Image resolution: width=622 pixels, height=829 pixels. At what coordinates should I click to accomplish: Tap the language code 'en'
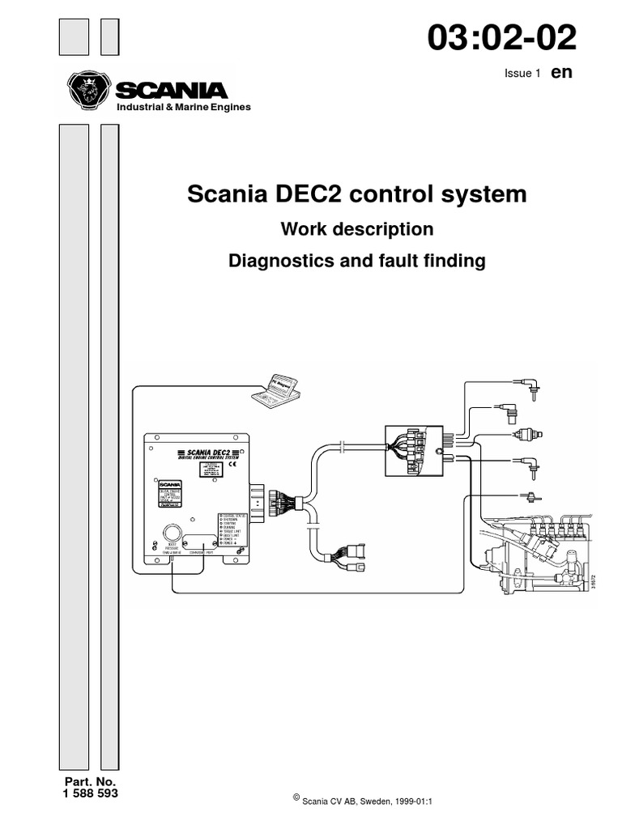[x=562, y=72]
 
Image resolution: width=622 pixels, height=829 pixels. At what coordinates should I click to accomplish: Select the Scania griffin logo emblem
[x=87, y=89]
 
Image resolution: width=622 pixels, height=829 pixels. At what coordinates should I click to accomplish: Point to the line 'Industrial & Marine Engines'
[x=184, y=108]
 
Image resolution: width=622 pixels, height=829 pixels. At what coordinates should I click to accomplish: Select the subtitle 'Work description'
[x=356, y=230]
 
